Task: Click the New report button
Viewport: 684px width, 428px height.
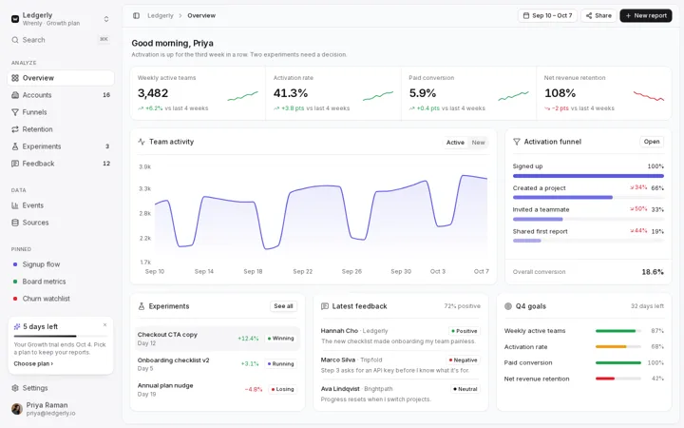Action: tap(646, 16)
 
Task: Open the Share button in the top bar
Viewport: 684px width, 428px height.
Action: tap(598, 16)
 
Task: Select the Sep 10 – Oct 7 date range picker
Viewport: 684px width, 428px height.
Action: tap(547, 16)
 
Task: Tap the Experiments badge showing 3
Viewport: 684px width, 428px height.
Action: tap(107, 146)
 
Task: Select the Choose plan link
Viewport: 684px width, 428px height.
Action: tap(33, 363)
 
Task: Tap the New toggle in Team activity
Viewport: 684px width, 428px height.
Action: tap(478, 143)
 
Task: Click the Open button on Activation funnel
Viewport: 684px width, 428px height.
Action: tap(652, 142)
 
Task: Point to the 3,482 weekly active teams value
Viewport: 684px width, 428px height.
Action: tap(153, 93)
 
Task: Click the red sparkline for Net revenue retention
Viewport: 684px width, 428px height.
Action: tap(649, 96)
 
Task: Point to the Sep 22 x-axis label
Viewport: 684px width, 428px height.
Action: tap(303, 272)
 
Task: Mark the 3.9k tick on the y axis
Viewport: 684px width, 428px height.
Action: tap(144, 166)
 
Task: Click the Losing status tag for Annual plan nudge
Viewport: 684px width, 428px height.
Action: tap(282, 389)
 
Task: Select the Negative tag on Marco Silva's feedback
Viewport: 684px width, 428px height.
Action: tap(463, 360)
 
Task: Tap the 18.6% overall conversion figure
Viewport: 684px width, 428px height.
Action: tap(653, 272)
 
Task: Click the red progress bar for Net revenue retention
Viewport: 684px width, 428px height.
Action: tap(605, 379)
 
